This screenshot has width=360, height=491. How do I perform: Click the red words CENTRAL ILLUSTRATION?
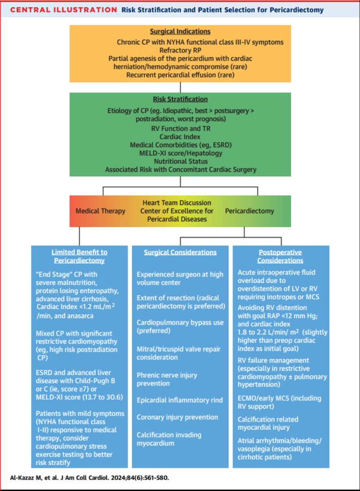pyautogui.click(x=64, y=10)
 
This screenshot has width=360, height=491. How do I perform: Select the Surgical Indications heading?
pyautogui.click(x=180, y=31)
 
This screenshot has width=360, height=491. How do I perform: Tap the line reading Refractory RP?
pyautogui.click(x=180, y=50)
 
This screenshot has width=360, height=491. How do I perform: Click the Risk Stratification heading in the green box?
pyautogui.click(x=180, y=99)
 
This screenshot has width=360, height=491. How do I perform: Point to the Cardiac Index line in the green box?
pyautogui.click(x=180, y=137)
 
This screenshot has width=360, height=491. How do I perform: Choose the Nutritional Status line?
pyautogui.click(x=181, y=161)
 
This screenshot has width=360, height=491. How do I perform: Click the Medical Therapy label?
pyautogui.click(x=101, y=211)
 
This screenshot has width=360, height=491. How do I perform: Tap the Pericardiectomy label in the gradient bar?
pyautogui.click(x=249, y=211)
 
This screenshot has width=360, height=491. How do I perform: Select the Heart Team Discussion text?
pyautogui.click(x=177, y=203)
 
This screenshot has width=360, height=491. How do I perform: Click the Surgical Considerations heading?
pyautogui.click(x=180, y=252)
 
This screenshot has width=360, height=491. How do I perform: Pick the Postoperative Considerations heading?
pyautogui.click(x=280, y=257)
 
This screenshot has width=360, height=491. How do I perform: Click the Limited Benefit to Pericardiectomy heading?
pyautogui.click(x=79, y=256)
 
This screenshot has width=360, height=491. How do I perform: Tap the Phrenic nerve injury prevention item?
pyautogui.click(x=167, y=379)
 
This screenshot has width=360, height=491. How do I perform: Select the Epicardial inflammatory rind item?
pyautogui.click(x=180, y=400)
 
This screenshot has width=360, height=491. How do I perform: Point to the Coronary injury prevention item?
pyautogui.click(x=177, y=417)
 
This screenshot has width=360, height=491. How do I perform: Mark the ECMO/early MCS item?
pyautogui.click(x=279, y=402)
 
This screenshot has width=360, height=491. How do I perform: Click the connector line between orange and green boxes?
pyautogui.click(x=180, y=87)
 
